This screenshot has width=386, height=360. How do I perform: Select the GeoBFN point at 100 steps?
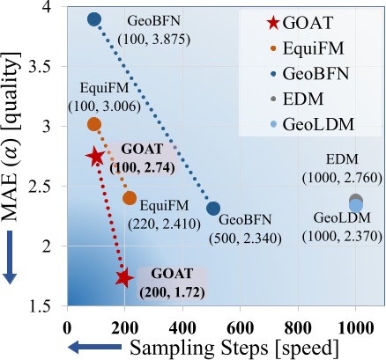[x=95, y=19]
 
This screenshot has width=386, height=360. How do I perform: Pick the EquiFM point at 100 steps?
[x=94, y=124]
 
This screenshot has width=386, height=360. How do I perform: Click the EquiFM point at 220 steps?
[x=130, y=198]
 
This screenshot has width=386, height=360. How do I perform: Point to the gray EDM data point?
[x=356, y=201]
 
